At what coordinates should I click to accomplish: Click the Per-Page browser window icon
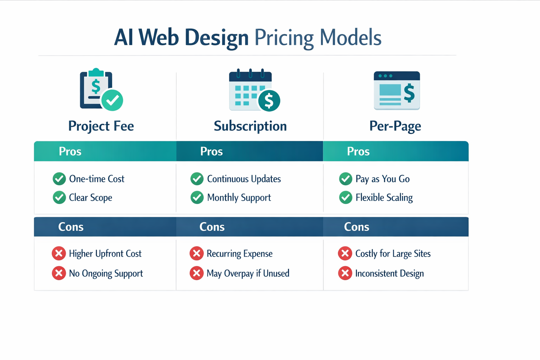[x=397, y=91]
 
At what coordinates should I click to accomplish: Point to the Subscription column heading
[x=250, y=126]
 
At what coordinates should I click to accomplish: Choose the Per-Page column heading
[x=395, y=126]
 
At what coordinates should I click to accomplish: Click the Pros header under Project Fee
[x=70, y=152]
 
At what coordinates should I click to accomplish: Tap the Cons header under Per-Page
[x=356, y=227]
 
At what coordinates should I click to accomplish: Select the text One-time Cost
[x=97, y=179]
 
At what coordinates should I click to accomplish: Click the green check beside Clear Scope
[x=59, y=198]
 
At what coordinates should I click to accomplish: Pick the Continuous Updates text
[x=244, y=179]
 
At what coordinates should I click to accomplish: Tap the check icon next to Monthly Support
[x=197, y=198]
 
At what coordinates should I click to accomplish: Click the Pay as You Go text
[x=382, y=179]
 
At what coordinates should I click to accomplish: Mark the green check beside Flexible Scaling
[x=346, y=198]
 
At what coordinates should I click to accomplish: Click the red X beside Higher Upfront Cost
[x=59, y=253]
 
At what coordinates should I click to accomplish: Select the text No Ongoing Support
[x=106, y=274]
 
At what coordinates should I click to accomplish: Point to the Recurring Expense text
[x=239, y=254]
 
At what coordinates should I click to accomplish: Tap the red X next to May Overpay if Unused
[x=197, y=273]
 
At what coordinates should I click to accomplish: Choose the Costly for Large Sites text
[x=393, y=254]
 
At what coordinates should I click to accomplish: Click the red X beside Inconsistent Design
[x=345, y=273]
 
